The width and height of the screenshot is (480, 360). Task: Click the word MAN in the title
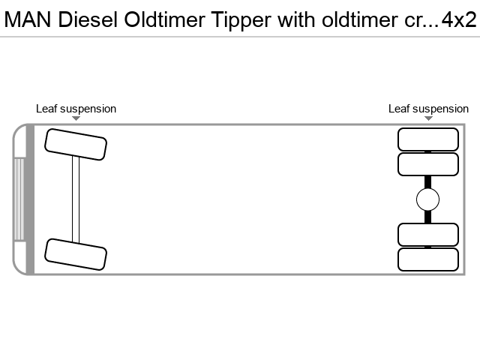point(28,20)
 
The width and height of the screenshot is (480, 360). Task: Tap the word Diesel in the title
point(88,20)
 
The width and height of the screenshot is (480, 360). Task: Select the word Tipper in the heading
point(241,21)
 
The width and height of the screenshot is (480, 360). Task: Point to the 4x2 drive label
point(459,20)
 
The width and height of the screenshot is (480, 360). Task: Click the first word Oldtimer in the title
point(165,20)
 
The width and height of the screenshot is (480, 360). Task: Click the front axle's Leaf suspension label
point(76,109)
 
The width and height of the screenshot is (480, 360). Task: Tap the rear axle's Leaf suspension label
point(428,109)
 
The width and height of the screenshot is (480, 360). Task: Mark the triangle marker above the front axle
point(76,118)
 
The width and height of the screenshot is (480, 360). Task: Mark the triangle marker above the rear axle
point(428,118)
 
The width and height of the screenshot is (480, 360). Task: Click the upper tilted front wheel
point(76,145)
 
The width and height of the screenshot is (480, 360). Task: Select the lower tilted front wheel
point(76,254)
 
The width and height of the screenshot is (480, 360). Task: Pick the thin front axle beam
point(76,199)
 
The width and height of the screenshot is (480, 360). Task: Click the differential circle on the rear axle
point(428,199)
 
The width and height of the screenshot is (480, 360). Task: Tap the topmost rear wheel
point(428,139)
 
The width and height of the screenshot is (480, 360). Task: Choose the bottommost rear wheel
point(428,259)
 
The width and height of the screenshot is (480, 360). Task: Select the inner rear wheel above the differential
point(428,164)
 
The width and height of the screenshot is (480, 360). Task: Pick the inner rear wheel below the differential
point(428,235)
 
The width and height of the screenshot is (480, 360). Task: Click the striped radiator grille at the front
point(19,199)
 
